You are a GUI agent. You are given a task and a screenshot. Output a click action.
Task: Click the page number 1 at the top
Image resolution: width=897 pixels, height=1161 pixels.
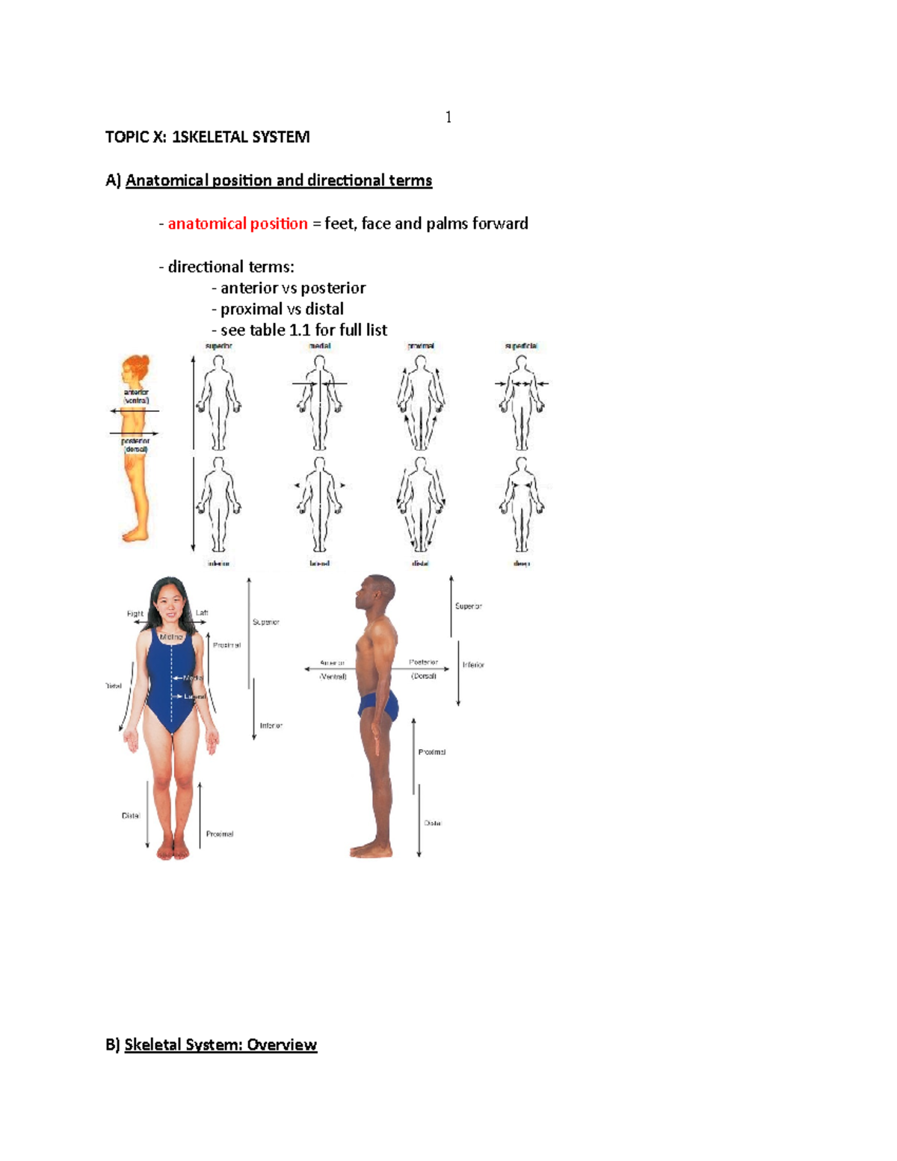point(448,117)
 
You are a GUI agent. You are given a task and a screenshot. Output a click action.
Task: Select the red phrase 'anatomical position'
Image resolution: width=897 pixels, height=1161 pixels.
point(238,224)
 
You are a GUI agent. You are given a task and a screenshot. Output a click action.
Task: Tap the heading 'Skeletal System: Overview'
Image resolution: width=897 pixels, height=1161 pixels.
point(221,1044)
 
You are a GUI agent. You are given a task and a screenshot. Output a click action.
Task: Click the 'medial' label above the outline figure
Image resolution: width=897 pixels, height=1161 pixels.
point(319,346)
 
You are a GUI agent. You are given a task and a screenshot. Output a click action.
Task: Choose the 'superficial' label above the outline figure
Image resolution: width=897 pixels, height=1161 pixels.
point(521,346)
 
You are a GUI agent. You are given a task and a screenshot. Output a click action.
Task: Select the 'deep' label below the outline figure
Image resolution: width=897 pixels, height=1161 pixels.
point(521,564)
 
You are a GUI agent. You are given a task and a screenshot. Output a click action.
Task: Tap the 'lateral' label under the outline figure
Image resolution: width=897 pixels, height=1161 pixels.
point(319,564)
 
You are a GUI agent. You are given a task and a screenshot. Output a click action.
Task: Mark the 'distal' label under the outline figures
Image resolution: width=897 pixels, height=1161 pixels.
point(420,564)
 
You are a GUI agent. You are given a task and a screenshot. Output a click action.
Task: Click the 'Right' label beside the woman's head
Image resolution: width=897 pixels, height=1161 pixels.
point(135,614)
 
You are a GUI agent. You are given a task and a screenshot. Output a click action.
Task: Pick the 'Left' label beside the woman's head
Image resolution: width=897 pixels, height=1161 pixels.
point(202,613)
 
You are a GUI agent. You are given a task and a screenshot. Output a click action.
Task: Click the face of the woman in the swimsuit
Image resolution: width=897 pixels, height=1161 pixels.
point(168,604)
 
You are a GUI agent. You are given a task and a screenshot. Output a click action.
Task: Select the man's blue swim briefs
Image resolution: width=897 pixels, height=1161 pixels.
point(380,705)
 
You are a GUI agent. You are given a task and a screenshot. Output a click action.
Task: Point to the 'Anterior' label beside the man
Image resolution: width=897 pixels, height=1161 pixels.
point(333,663)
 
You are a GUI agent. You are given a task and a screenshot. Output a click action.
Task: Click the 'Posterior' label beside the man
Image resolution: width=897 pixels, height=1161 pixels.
point(424,662)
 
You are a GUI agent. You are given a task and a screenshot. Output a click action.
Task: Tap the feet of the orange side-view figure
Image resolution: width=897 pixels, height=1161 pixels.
point(135,535)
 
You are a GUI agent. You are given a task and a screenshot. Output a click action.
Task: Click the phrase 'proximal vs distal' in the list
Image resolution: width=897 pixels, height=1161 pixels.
point(282,309)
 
